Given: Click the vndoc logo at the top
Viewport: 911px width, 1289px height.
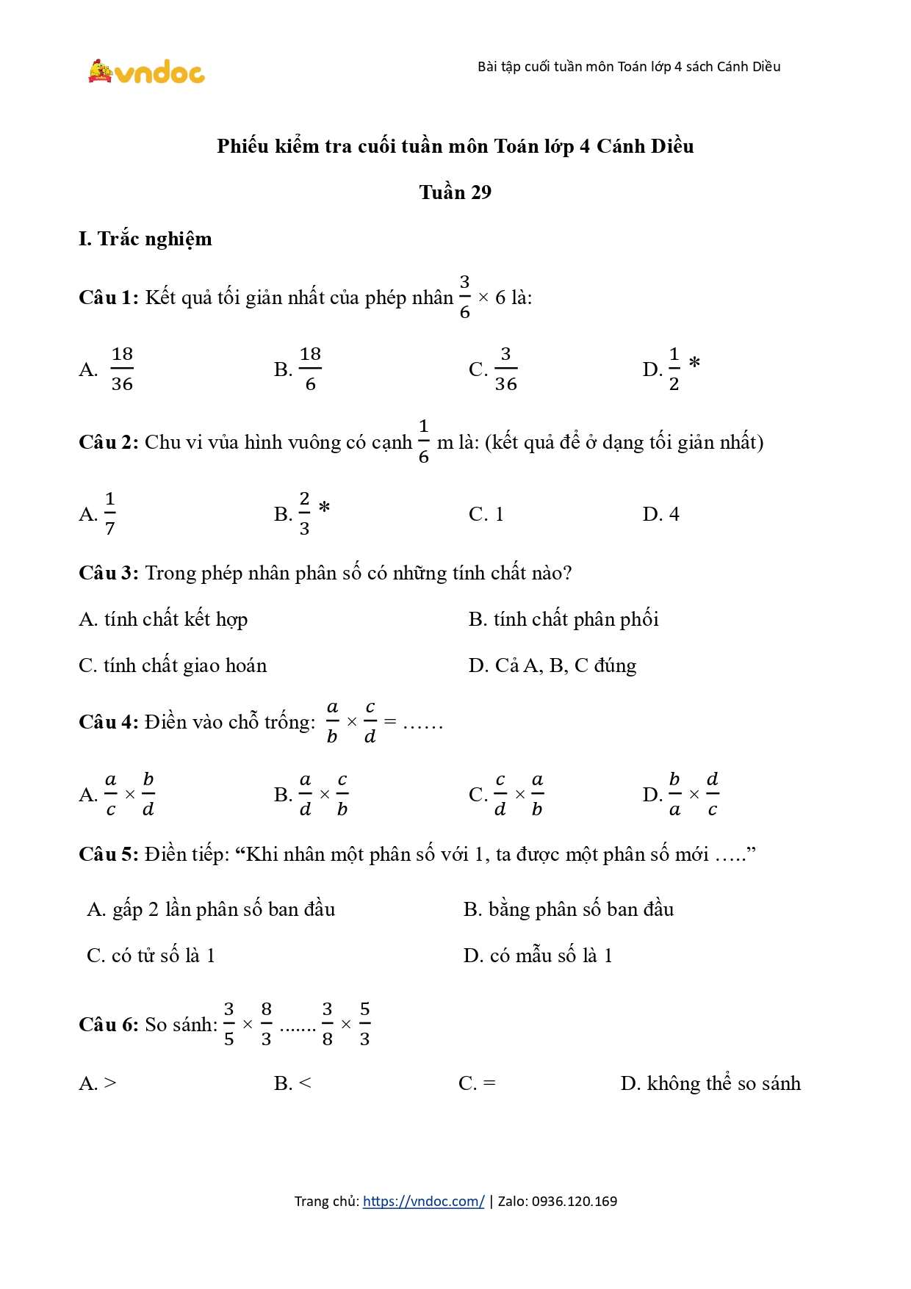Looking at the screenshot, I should pyautogui.click(x=146, y=72).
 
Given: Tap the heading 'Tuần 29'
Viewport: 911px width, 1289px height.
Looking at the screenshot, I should pyautogui.click(x=455, y=192).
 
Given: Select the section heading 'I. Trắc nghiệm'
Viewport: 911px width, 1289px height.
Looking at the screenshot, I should pyautogui.click(x=145, y=239).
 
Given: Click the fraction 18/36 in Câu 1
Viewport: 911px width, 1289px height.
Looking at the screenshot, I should pyautogui.click(x=122, y=369).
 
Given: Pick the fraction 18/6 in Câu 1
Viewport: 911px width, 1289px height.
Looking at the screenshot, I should pyautogui.click(x=310, y=369).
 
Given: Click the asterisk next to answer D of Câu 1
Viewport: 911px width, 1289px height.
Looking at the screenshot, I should pyautogui.click(x=694, y=363).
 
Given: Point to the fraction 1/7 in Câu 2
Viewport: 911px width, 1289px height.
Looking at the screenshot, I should pyautogui.click(x=110, y=513).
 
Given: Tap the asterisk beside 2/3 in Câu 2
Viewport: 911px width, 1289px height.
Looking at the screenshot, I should pyautogui.click(x=324, y=508).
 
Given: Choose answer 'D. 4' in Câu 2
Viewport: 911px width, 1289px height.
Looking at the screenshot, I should pyautogui.click(x=660, y=514).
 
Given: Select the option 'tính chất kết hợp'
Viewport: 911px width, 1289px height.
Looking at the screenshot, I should pyautogui.click(x=176, y=619).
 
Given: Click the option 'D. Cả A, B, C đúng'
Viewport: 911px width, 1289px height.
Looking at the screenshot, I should pyautogui.click(x=552, y=665).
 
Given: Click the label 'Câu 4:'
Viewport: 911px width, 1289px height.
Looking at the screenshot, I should pyautogui.click(x=109, y=722).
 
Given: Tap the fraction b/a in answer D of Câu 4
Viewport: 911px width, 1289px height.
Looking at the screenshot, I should pyautogui.click(x=674, y=794).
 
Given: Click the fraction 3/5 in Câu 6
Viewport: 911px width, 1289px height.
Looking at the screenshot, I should pyautogui.click(x=229, y=1024).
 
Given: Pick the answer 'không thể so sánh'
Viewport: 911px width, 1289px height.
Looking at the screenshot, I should pyautogui.click(x=723, y=1083).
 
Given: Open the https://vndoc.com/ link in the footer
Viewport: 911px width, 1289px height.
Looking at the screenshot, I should pyautogui.click(x=423, y=1202).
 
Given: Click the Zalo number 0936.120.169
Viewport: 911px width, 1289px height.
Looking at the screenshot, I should pyautogui.click(x=575, y=1202).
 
